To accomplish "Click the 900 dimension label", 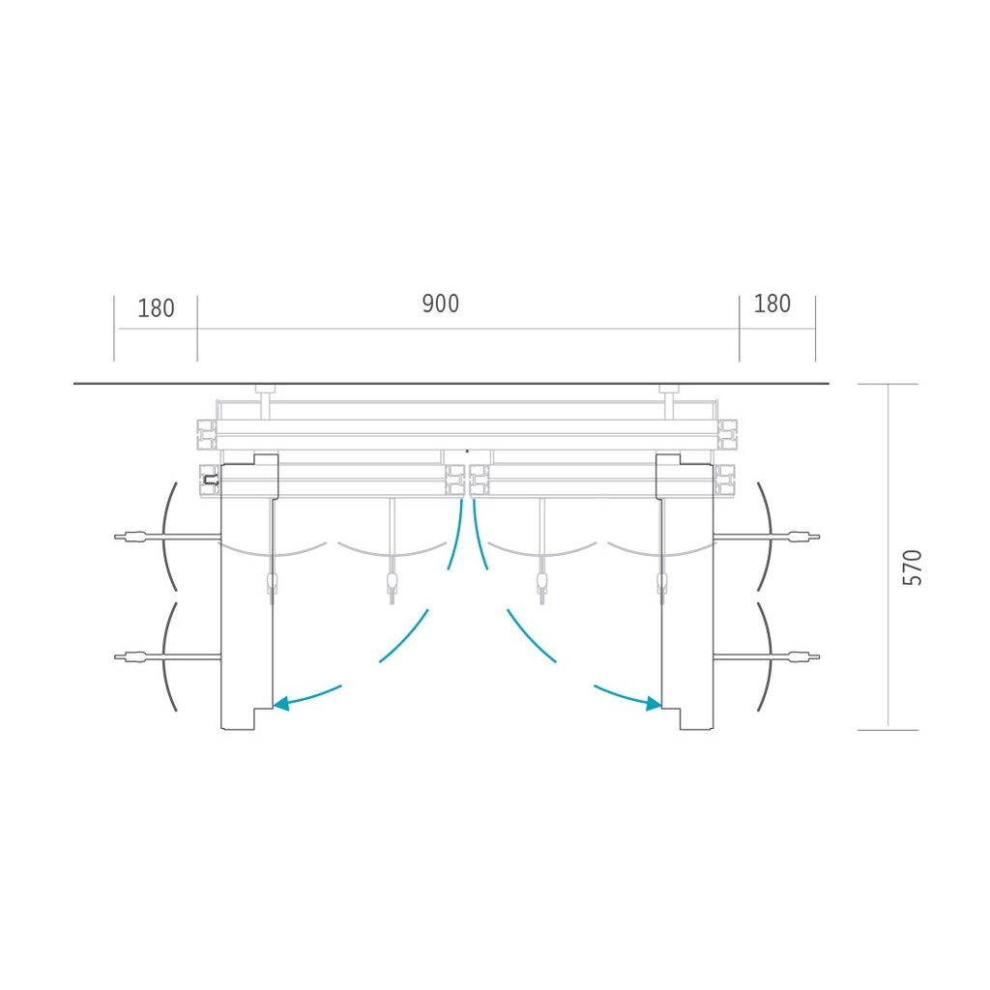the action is point(440,304).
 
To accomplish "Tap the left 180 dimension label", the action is point(156,308).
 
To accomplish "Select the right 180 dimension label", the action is point(772,304).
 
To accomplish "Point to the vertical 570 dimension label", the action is point(913,568).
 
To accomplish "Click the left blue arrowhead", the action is point(281,703).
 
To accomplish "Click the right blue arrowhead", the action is point(654,703).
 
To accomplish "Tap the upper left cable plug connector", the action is point(131,538).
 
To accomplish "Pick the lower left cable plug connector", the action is point(131,656).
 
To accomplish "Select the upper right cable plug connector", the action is point(803,538).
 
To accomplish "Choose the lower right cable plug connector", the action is point(803,656).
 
